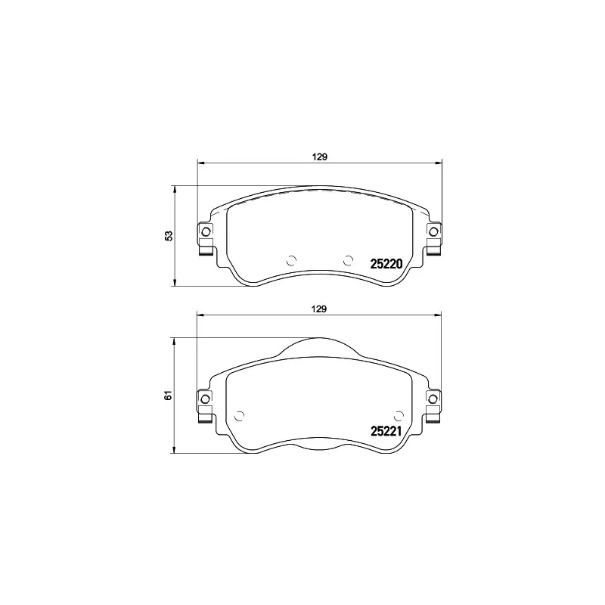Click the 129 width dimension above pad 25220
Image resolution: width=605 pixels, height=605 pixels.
319,157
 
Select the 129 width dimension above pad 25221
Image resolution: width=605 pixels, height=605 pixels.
319,309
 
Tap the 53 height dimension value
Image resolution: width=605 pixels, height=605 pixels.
170,236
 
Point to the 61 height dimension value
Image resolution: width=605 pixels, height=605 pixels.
170,394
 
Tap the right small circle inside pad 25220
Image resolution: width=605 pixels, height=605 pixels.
349,260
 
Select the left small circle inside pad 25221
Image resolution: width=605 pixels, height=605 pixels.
240,414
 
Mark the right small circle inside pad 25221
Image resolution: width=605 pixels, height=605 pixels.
399,414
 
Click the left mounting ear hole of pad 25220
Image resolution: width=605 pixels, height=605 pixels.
205,231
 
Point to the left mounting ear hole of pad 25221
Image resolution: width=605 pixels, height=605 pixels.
205,398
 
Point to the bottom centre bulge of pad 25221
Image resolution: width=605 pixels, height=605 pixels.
319,448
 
